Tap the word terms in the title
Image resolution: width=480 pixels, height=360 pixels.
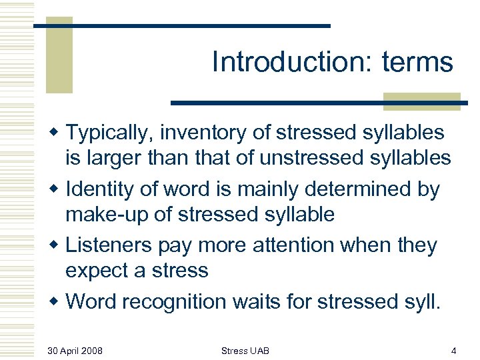coord(418,63)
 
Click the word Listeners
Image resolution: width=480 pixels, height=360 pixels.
coord(109,245)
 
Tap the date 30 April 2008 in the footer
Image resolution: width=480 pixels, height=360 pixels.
coord(75,350)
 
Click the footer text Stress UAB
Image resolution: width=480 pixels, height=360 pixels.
coord(245,350)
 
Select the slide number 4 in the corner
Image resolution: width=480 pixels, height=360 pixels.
coord(453,350)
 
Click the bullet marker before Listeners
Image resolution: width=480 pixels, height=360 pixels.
coord(56,245)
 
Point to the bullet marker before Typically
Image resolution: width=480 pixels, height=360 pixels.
coord(56,133)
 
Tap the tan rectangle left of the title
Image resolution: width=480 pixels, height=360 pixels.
coord(59,57)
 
